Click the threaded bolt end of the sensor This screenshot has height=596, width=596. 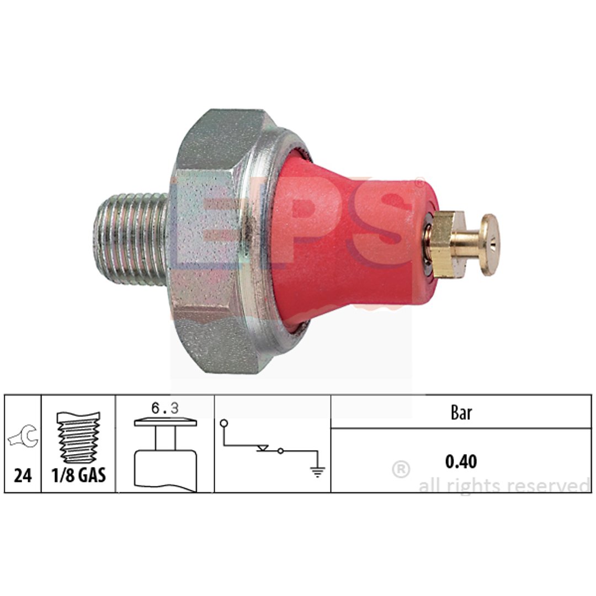click(x=131, y=239)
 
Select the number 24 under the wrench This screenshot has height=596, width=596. click(x=23, y=476)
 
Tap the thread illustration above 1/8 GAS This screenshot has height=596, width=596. click(x=78, y=437)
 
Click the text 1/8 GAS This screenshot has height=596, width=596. click(x=79, y=476)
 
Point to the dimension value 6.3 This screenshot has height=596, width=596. click(x=165, y=408)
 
